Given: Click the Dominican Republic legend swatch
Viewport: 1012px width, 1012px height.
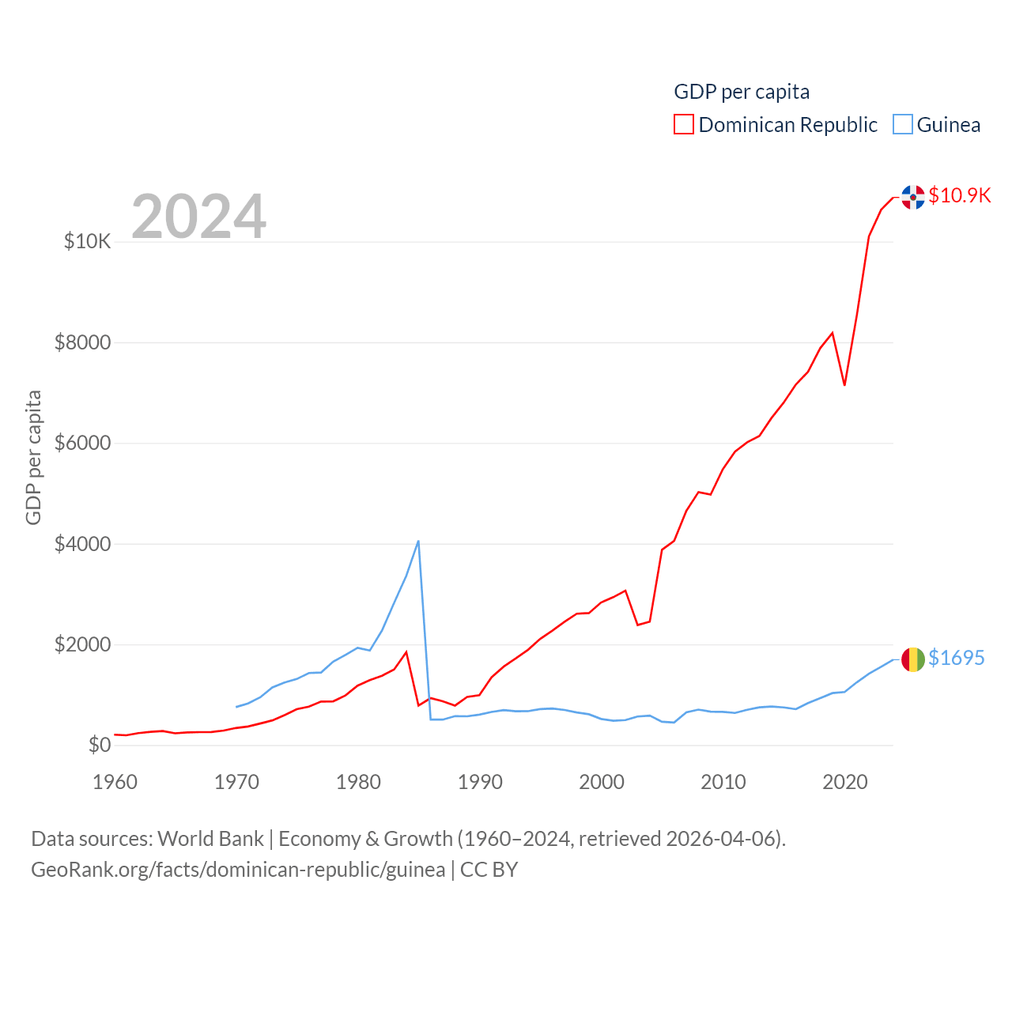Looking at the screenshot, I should coord(684,125).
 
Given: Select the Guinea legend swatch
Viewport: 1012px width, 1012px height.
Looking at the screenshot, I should coord(903,125).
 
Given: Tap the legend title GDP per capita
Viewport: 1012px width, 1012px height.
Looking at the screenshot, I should coord(742,92).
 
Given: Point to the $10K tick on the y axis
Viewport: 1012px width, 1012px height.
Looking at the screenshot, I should coord(88,241).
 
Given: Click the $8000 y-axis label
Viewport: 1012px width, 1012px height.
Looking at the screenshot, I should coord(82,342).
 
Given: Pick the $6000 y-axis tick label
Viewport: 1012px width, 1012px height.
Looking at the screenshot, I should coord(82,443).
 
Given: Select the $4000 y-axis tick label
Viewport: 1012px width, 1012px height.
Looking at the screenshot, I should coord(82,544).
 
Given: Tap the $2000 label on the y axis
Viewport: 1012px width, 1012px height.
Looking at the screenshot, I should coord(82,644).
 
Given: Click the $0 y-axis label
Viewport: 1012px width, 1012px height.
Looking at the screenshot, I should coord(100,745).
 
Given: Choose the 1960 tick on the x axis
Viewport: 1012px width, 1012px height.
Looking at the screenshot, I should coord(115,782).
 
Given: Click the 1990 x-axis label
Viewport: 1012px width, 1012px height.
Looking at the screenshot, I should coord(480,782).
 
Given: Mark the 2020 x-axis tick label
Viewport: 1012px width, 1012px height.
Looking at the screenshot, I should coord(845,782).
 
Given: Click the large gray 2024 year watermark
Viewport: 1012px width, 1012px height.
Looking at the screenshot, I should coord(198,217).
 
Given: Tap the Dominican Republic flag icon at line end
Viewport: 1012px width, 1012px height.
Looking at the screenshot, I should coord(913,197).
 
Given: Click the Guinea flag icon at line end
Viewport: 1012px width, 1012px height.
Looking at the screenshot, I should coord(913,659).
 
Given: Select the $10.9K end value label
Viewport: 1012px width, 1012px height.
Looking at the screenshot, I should coord(960,195).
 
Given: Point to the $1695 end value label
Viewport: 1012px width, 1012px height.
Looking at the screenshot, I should coord(957,658).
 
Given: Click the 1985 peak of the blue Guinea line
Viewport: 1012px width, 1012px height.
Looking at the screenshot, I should coord(418,542).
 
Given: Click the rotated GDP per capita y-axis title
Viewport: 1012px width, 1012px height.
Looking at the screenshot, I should coord(33,457).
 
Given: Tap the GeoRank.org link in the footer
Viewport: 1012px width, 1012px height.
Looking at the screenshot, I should coord(238,870).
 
